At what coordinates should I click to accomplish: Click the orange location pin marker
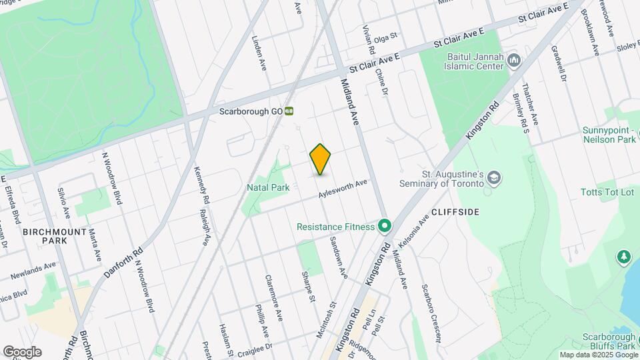point(320,159)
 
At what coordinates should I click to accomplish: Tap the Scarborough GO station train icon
point(289,111)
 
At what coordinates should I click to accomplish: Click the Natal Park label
point(268,188)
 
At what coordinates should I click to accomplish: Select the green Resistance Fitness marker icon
point(384,227)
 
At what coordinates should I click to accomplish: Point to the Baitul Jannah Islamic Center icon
point(513,61)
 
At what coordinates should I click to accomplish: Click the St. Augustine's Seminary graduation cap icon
point(493,178)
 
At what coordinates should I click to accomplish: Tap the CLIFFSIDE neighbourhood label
point(455,211)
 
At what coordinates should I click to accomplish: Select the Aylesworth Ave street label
point(343,189)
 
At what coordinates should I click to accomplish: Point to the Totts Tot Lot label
point(607,192)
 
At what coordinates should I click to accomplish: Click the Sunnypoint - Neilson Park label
point(609,135)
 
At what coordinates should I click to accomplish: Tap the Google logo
point(22,351)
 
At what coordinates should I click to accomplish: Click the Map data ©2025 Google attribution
point(598,355)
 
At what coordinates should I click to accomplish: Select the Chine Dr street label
point(381,83)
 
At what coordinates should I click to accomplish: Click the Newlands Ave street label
point(33,269)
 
